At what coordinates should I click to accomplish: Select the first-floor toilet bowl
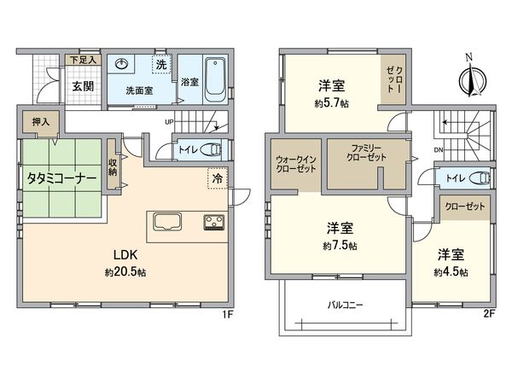[x=212, y=149]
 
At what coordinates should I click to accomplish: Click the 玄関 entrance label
[x=83, y=85]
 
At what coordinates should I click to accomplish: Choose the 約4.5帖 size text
[x=452, y=271]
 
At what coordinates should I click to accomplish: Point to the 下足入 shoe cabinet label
[x=82, y=60]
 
